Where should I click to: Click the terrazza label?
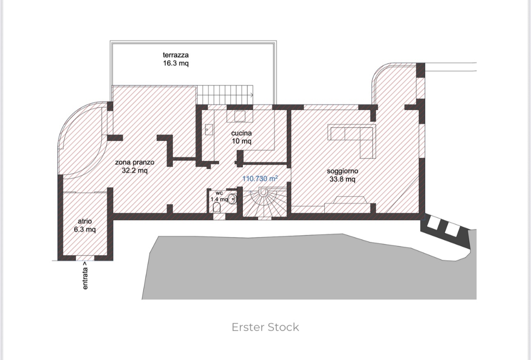click(176, 55)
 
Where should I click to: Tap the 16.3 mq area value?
click(176, 63)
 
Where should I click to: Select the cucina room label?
click(241, 133)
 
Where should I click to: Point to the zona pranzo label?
click(135, 163)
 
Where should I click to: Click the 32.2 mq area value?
click(135, 170)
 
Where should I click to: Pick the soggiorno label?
click(342, 171)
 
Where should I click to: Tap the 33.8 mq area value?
click(342, 179)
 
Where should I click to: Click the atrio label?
click(85, 221)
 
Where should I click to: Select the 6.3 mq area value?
click(85, 230)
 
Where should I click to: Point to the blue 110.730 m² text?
click(260, 179)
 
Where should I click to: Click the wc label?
click(219, 193)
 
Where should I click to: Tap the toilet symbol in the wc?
click(217, 208)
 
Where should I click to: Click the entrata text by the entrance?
click(85, 275)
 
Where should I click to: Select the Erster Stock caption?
click(265, 327)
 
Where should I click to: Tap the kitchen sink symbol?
click(209, 130)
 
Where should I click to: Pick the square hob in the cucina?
click(240, 116)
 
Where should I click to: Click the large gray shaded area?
click(288, 267)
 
